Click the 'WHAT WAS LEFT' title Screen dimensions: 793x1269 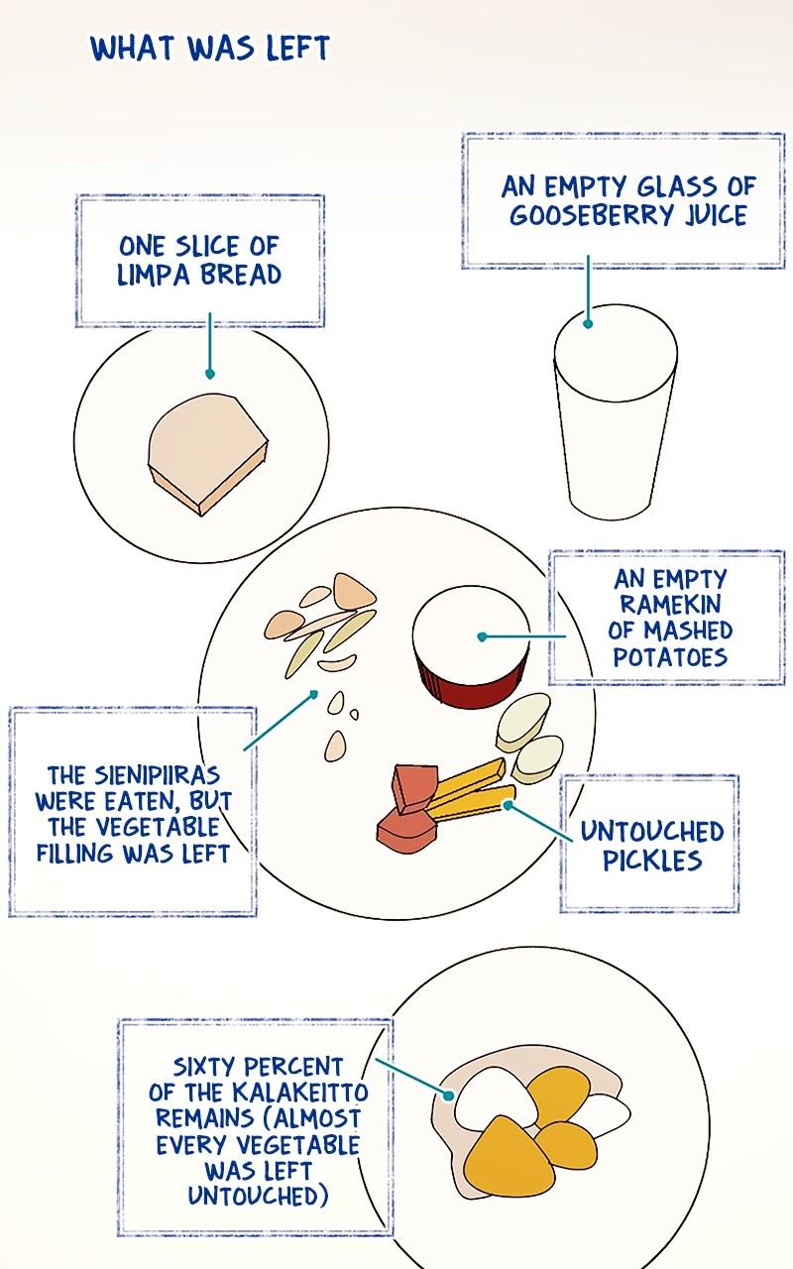[x=210, y=49]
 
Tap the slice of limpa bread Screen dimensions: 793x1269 [x=208, y=453]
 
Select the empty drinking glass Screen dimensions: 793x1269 [x=616, y=411]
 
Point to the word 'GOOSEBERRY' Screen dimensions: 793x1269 [x=592, y=215]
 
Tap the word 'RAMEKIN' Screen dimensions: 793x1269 [x=669, y=605]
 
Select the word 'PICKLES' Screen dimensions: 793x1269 [x=652, y=861]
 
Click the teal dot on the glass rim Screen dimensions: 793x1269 [x=588, y=324]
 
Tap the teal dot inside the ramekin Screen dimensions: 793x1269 [x=482, y=636]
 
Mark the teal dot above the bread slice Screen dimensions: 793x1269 [x=209, y=374]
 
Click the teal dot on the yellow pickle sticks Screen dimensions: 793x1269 [x=509, y=804]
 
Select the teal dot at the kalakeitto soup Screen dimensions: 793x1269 [x=448, y=1096]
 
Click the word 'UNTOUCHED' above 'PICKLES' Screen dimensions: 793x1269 [x=652, y=832]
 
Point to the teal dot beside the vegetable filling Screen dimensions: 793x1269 [x=314, y=693]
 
